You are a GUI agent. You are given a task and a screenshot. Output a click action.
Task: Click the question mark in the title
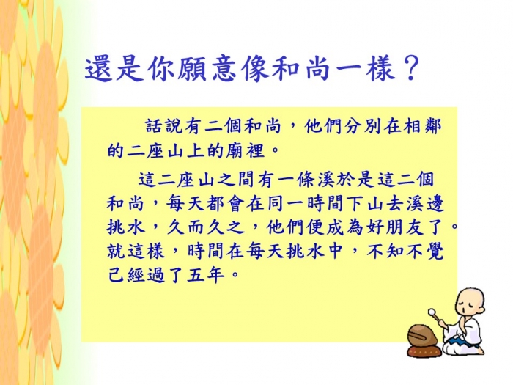pos(410,70)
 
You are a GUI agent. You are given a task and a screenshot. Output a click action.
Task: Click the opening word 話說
pos(163,126)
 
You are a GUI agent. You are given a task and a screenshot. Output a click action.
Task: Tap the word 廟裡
pos(245,151)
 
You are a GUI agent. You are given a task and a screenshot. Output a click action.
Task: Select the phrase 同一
pos(286,204)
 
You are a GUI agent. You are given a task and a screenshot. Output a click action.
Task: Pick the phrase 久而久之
pos(206,227)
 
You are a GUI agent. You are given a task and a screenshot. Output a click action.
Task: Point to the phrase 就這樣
pos(135,252)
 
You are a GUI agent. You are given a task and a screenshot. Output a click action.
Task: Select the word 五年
pos(206,276)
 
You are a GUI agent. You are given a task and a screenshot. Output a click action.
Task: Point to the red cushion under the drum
pos(423,351)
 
